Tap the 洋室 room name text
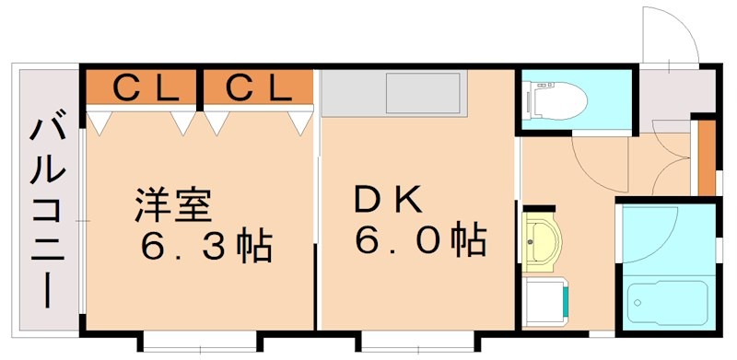[173, 204]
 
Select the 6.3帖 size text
[205, 246]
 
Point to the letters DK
[388, 200]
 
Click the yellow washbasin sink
[542, 240]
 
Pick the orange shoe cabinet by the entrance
[707, 158]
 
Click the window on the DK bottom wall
[408, 341]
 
